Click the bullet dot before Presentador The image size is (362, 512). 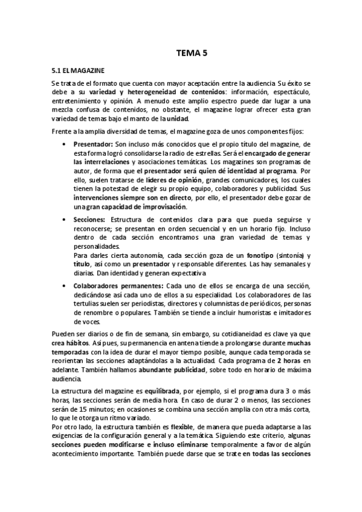[65, 145]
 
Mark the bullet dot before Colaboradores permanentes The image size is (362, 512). [65, 286]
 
